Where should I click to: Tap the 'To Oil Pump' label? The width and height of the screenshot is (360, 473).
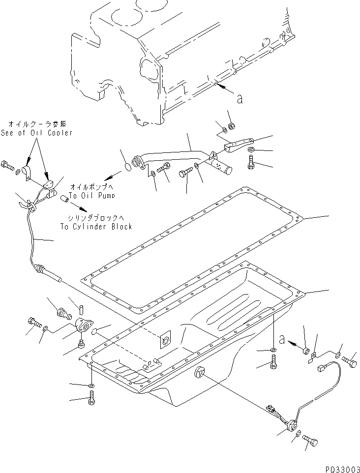[91, 195]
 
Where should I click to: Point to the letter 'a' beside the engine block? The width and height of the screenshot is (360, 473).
[240, 99]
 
